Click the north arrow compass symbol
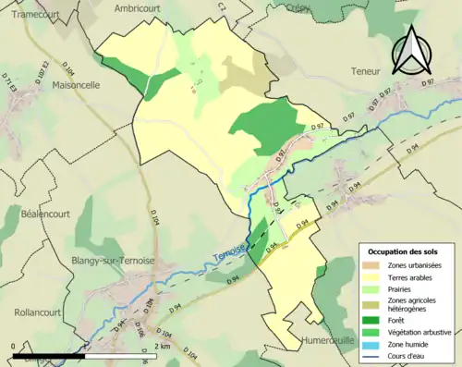pos(411,50)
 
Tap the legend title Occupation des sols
pos(403,251)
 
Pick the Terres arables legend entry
pos(412,276)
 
